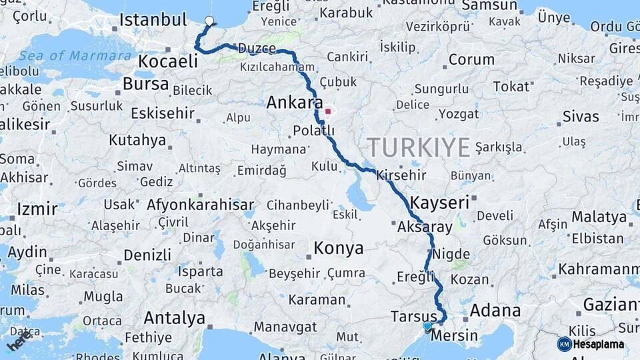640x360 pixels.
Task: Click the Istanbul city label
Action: click(153, 19)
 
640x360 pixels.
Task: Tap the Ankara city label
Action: click(290, 103)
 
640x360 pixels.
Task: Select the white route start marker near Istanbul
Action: click(209, 21)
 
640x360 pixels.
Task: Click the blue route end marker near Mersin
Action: click(427, 325)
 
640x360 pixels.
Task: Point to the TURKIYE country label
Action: click(419, 147)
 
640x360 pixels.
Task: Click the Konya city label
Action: click(339, 249)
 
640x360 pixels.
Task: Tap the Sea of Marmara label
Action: click(75, 55)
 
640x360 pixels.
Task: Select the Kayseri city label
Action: click(439, 201)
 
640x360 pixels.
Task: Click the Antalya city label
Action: click(174, 317)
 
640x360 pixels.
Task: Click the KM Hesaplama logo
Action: click(591, 344)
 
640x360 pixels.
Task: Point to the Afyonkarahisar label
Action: click(200, 205)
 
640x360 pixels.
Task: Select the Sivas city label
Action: click(581, 117)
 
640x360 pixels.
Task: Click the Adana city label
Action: click(495, 310)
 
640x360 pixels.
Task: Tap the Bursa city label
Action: click(145, 84)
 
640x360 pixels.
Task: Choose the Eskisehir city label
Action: click(163, 113)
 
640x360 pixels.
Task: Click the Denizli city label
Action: click(147, 255)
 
